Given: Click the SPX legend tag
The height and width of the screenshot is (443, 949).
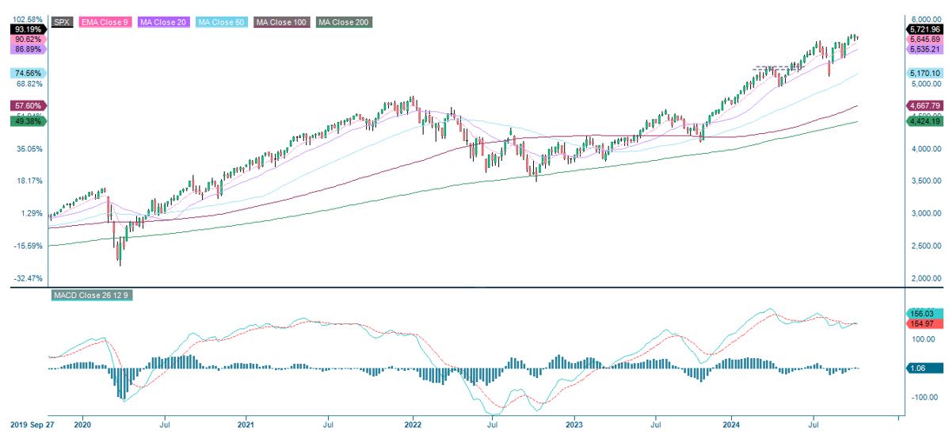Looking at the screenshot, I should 62,22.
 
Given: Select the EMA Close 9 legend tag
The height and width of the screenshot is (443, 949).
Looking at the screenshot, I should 105,22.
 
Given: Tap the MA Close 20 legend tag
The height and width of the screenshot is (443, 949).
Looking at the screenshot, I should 163,22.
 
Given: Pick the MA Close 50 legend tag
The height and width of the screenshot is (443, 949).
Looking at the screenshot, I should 221,22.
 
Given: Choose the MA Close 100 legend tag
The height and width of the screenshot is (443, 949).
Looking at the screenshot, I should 281,22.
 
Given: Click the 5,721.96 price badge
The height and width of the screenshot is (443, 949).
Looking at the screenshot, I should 924,29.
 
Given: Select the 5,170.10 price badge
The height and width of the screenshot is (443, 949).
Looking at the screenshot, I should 924,73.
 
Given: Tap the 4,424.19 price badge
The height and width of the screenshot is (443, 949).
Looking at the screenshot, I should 924,121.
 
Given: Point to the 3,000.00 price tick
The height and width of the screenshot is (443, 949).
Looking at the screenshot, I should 924,214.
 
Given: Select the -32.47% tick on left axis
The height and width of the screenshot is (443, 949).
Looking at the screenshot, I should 29,278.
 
